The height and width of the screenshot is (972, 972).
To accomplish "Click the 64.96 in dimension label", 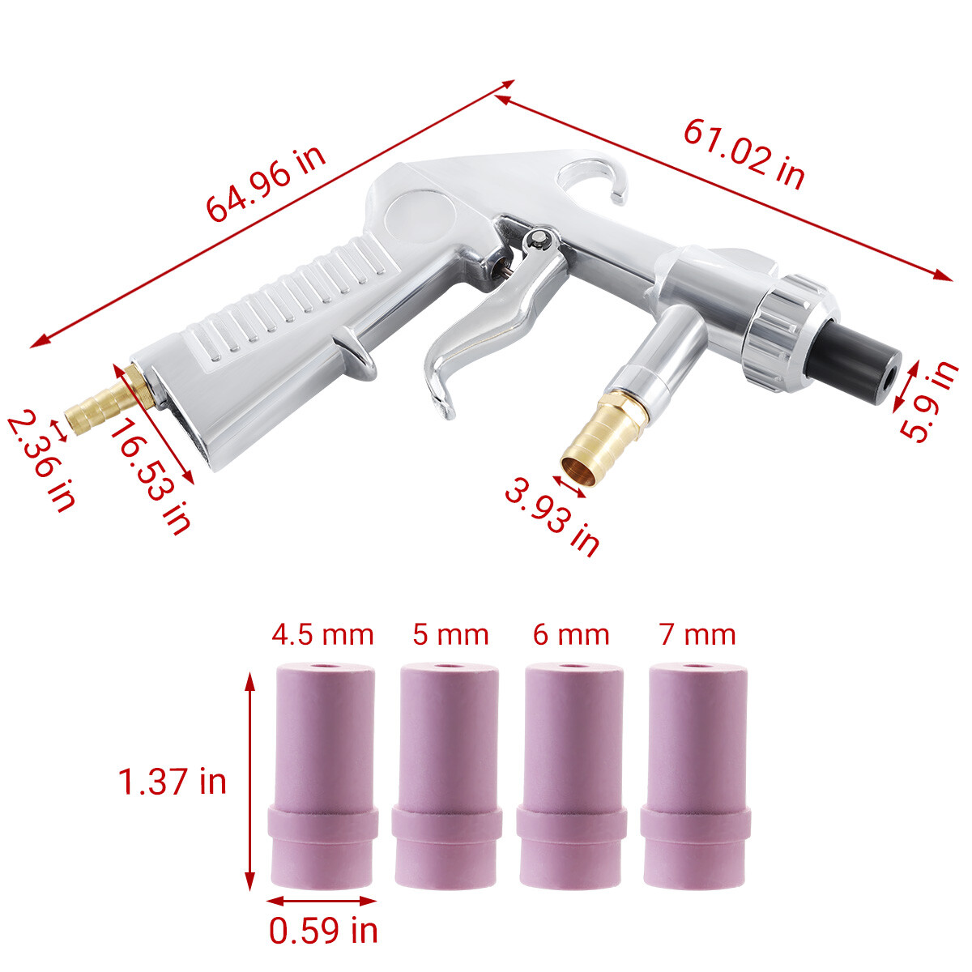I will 266,184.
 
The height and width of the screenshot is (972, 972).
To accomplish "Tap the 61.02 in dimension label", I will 744,154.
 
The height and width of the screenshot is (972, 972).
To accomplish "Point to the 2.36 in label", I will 40,462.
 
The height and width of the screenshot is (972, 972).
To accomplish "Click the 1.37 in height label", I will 172,782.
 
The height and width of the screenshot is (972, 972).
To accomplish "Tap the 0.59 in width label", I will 323,931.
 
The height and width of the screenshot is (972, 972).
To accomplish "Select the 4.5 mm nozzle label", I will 323,634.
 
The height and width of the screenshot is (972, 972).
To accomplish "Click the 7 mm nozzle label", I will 697,634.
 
